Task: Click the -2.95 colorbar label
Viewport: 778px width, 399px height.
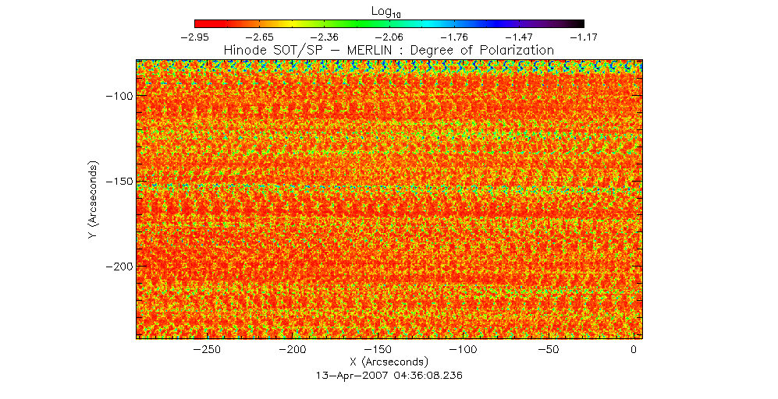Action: [194, 37]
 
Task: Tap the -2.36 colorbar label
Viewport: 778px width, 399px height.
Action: [324, 37]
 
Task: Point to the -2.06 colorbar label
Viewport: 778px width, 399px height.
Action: [389, 37]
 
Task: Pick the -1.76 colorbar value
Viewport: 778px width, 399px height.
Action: [453, 37]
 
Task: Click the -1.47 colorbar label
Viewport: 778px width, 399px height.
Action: [519, 37]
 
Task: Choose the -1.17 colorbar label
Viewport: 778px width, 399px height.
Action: [583, 37]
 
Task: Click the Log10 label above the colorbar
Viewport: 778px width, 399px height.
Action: [389, 9]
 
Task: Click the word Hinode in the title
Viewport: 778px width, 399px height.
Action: [245, 50]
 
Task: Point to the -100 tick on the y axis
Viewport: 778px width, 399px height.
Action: [119, 96]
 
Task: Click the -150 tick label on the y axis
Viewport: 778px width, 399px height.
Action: [119, 181]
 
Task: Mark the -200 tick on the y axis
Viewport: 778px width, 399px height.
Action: [119, 266]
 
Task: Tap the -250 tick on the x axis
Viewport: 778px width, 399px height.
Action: [207, 350]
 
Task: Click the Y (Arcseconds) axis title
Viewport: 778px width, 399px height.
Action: [93, 201]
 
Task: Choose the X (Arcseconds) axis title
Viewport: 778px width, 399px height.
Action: [389, 362]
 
